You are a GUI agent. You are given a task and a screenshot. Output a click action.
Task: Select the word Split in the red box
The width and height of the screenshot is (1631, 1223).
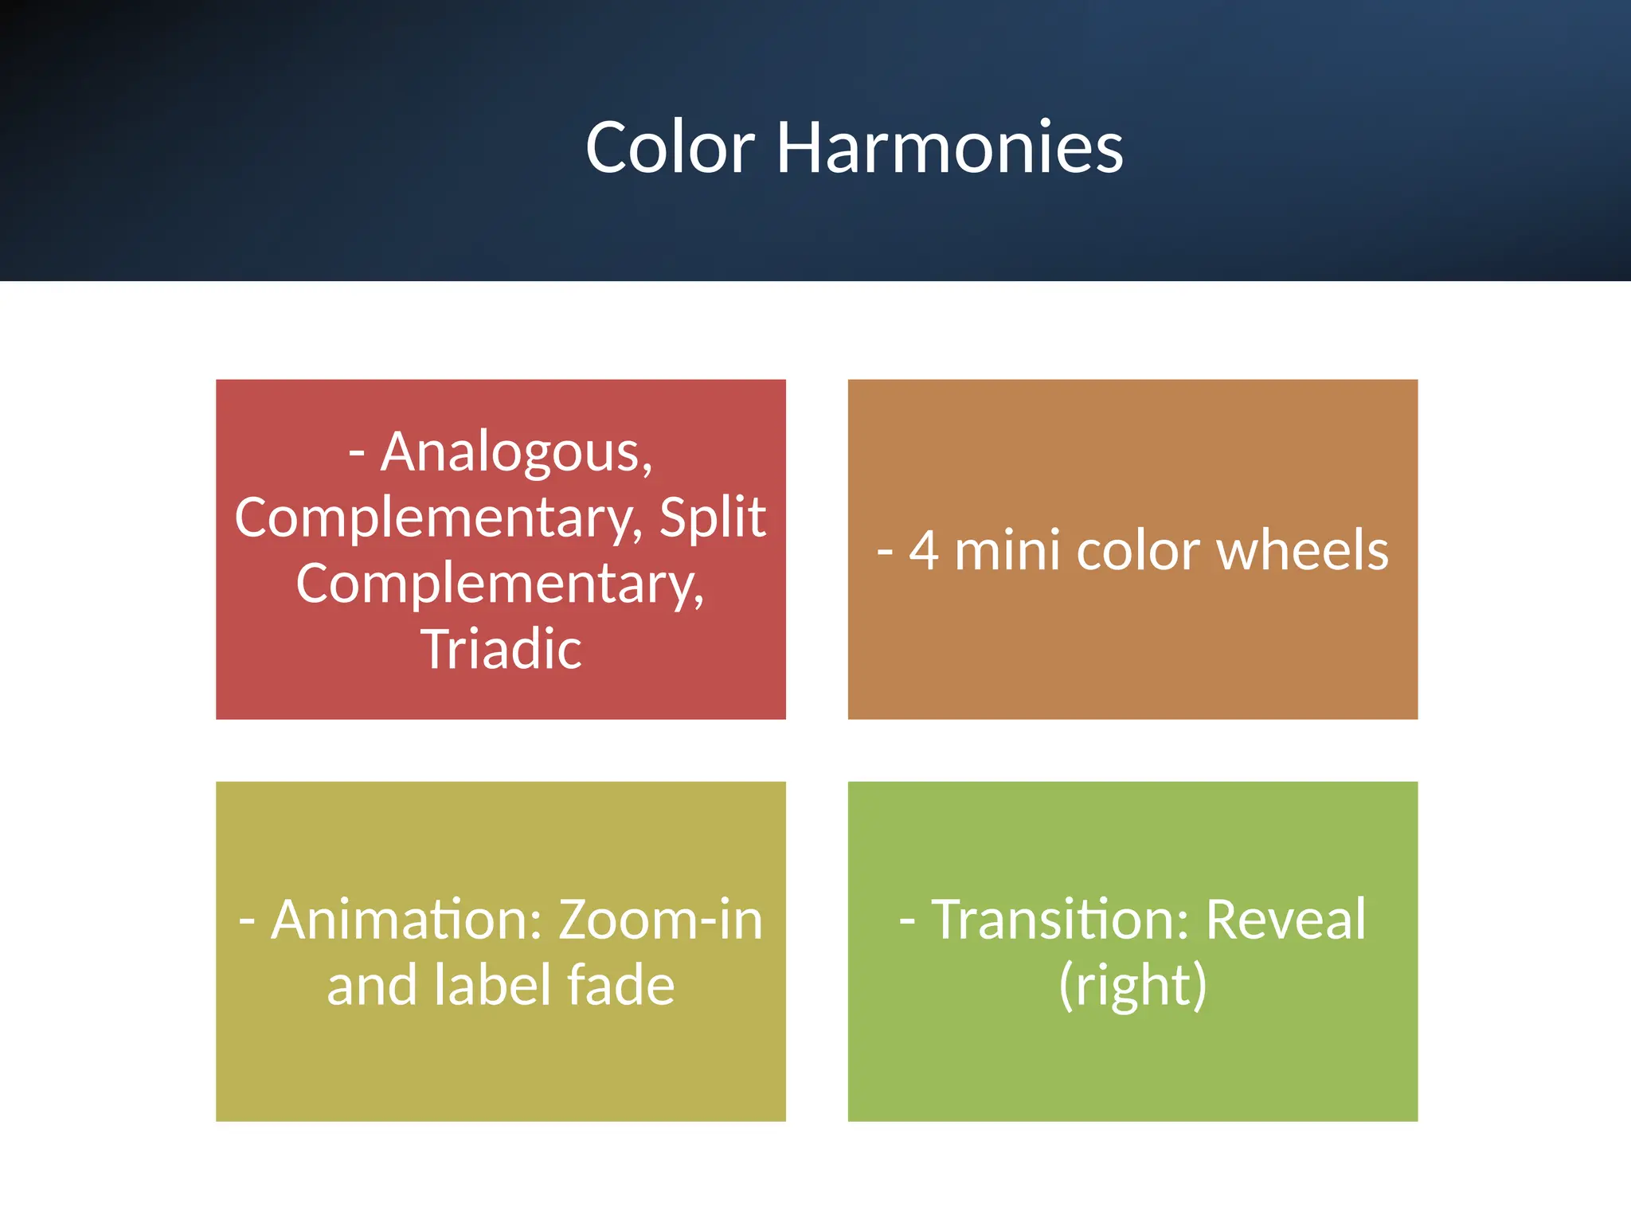coord(712,518)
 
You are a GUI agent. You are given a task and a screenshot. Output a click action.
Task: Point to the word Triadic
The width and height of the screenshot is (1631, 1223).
coord(501,649)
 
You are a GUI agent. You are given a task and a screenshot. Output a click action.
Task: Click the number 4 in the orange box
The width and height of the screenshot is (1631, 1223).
coord(923,551)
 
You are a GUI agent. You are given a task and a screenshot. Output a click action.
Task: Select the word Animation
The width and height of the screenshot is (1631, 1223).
coord(407,920)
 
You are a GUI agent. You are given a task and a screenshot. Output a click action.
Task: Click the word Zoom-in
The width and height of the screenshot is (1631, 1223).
coord(660,920)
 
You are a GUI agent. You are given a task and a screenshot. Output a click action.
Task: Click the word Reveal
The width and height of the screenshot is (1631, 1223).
coord(1285,920)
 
